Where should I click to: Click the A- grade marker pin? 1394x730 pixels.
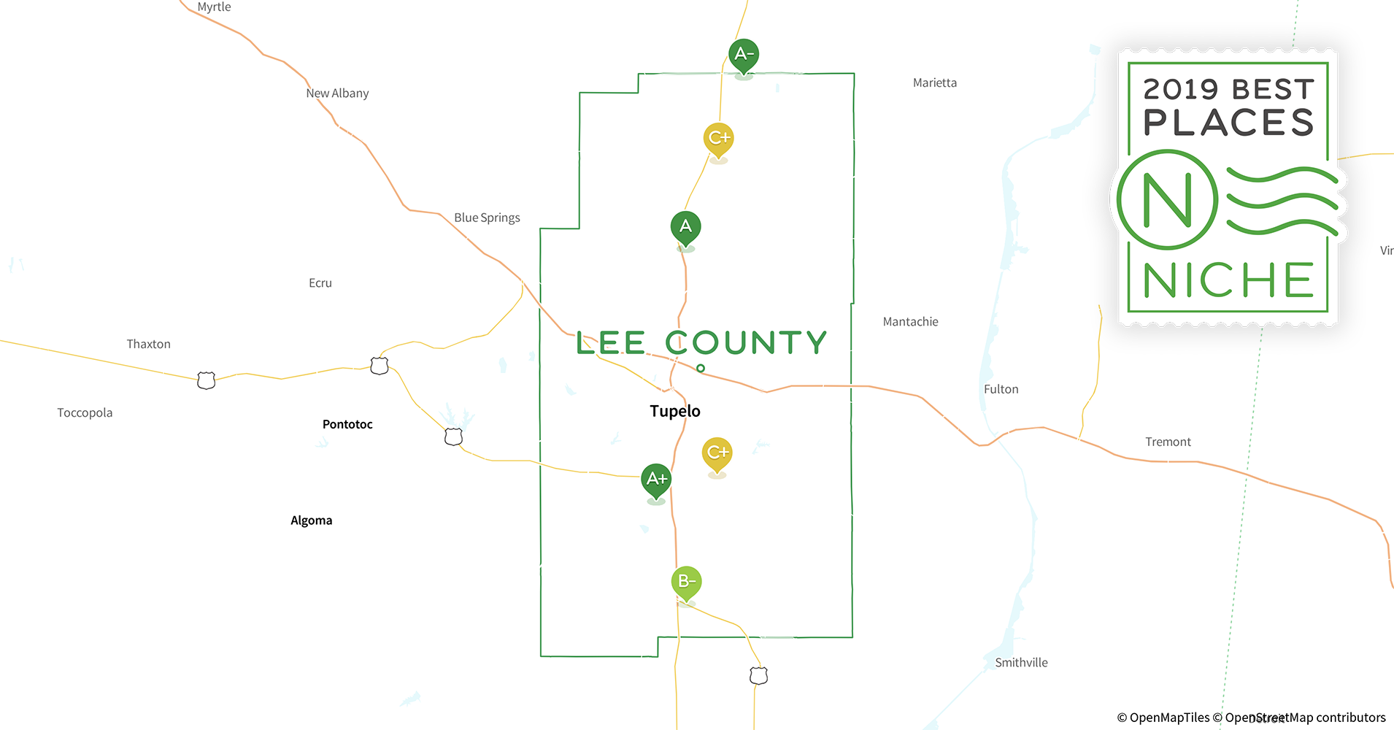tap(744, 55)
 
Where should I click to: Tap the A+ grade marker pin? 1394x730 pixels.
tap(656, 480)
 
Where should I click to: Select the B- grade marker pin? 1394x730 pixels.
tap(686, 582)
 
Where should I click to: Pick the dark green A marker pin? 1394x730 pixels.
tap(685, 227)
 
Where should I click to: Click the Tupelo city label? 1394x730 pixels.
tap(675, 411)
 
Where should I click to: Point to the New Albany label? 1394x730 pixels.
tap(337, 93)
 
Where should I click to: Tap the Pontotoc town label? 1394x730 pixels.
tap(347, 424)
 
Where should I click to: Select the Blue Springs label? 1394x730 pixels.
tap(487, 218)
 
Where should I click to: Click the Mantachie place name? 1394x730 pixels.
tap(910, 322)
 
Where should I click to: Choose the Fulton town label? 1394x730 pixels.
tap(1001, 389)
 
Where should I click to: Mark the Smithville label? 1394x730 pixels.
tap(1021, 663)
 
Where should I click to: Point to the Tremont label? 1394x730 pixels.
tap(1168, 442)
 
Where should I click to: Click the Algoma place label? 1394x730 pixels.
tap(312, 520)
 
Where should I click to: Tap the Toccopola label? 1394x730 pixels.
tap(85, 412)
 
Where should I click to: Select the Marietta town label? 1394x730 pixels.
tap(934, 83)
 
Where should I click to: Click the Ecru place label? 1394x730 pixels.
tap(320, 283)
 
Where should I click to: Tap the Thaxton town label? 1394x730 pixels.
tap(148, 344)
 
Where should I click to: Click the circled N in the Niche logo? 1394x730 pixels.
tap(1166, 200)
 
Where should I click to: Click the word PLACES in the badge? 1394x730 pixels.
tap(1228, 123)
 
